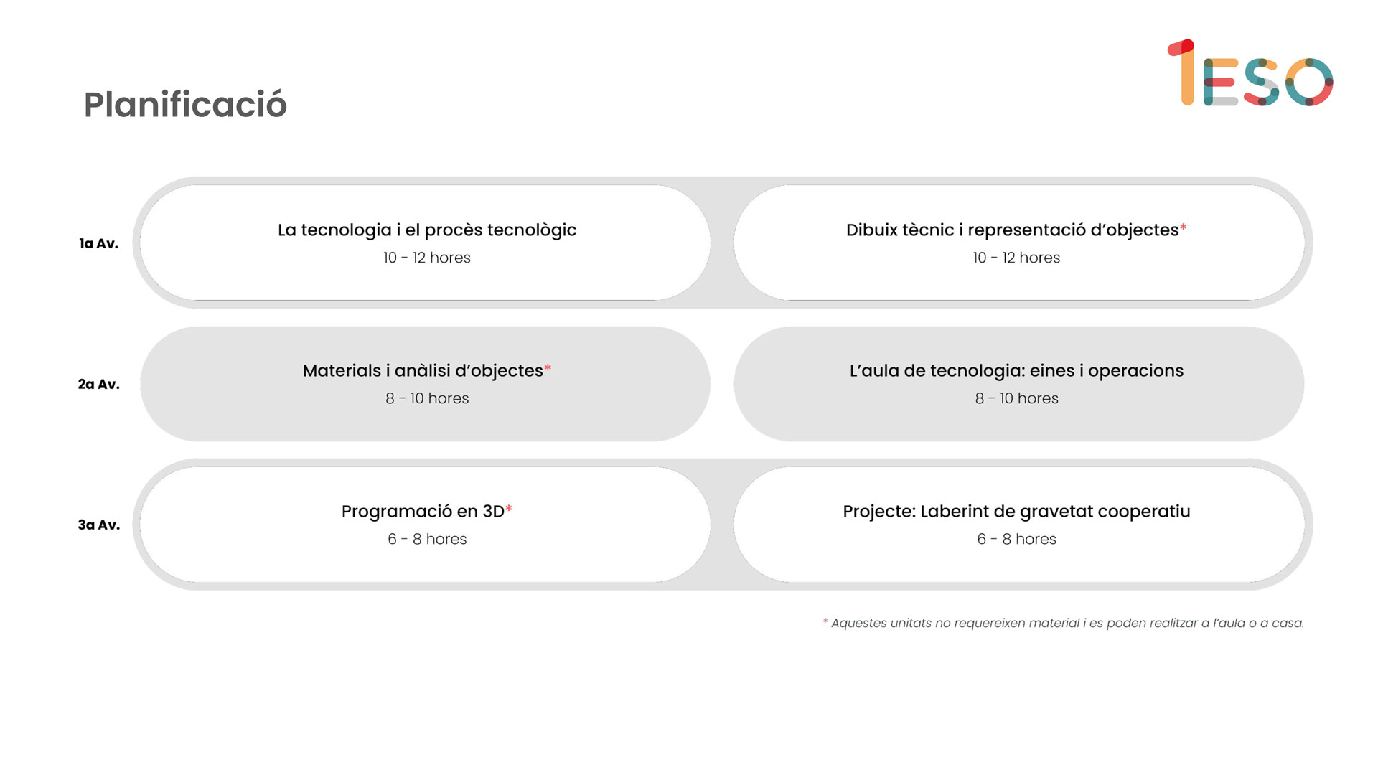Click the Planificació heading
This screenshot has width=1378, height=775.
[x=185, y=105]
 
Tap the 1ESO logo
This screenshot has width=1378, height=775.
[x=1250, y=73]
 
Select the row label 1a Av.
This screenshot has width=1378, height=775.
[x=98, y=244]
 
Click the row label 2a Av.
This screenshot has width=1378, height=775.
[x=98, y=385]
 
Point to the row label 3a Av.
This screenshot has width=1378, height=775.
[x=98, y=525]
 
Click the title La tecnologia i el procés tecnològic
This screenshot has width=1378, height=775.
[x=427, y=230]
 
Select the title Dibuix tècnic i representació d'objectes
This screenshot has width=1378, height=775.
[x=1012, y=230]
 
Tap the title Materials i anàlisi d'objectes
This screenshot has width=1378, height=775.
[x=423, y=371]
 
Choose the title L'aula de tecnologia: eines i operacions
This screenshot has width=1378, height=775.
[x=1016, y=371]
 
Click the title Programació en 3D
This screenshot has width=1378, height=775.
[x=423, y=512]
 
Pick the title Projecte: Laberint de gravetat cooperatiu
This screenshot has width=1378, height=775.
[x=1016, y=512]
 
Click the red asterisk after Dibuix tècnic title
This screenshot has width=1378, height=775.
[x=1184, y=227]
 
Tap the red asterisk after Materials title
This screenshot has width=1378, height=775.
[x=548, y=367]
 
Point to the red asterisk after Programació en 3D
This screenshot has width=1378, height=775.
[x=509, y=508]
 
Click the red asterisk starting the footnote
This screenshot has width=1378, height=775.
[x=825, y=621]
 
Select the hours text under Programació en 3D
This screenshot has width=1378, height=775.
[x=427, y=539]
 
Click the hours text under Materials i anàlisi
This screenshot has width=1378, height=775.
[x=427, y=398]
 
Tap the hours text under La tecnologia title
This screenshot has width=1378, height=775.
[x=427, y=258]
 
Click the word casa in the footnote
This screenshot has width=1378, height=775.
[x=1287, y=624]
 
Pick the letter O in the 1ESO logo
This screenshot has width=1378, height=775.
[x=1309, y=82]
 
